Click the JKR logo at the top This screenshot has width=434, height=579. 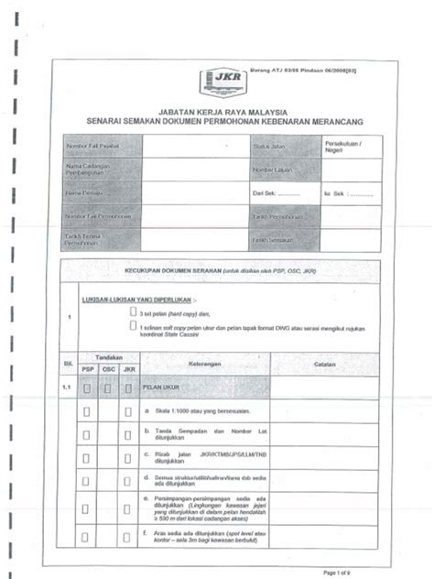[222, 79]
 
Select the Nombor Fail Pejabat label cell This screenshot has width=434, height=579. [101, 147]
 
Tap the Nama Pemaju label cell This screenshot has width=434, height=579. [101, 193]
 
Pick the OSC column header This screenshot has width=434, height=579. [108, 370]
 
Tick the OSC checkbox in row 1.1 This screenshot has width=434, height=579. [108, 388]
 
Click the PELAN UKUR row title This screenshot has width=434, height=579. [165, 388]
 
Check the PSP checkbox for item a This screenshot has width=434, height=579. [87, 411]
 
